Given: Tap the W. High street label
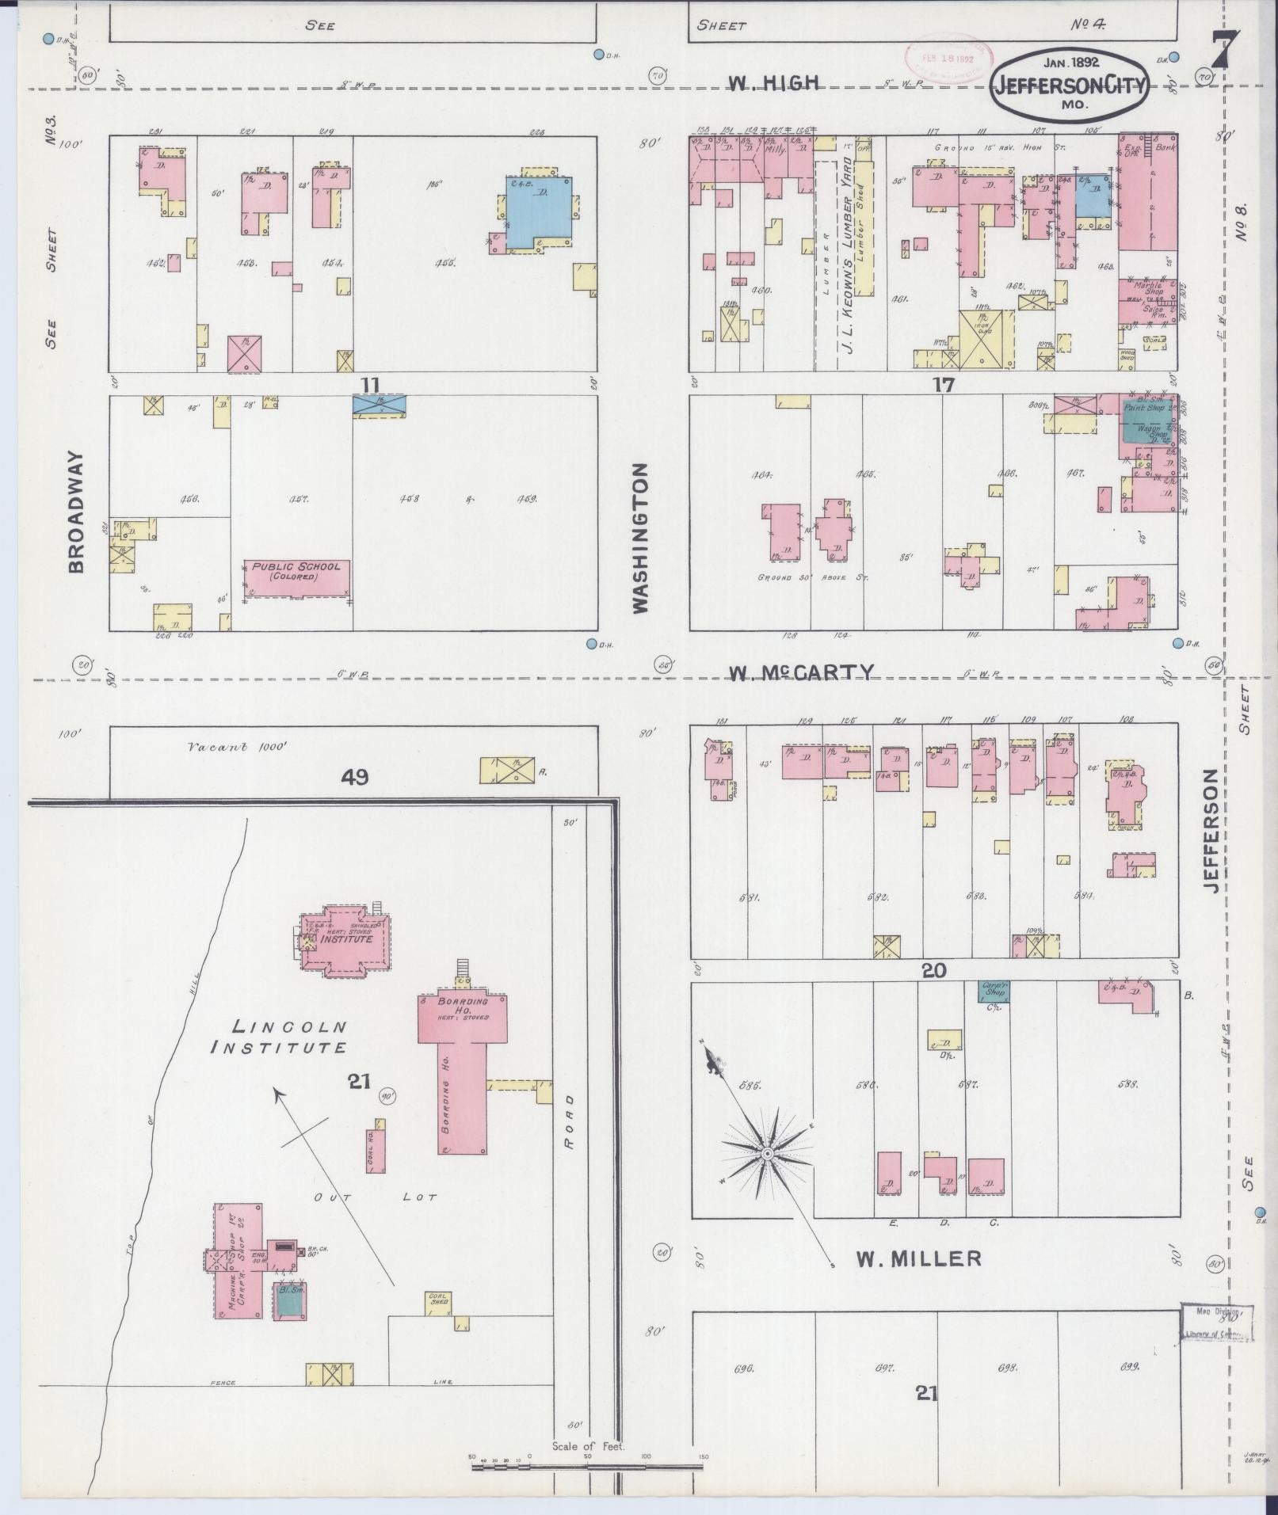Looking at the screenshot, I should pyautogui.click(x=761, y=84).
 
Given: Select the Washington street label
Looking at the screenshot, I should pyautogui.click(x=640, y=538).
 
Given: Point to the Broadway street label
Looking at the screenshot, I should pyautogui.click(x=76, y=511).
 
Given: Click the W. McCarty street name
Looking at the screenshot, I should pyautogui.click(x=801, y=672).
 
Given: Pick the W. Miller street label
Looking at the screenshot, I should pyautogui.click(x=918, y=1258).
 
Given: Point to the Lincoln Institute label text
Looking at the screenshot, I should pyautogui.click(x=279, y=1037).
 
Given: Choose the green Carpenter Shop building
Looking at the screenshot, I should pyautogui.click(x=994, y=990).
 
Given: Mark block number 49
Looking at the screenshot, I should pyautogui.click(x=354, y=778).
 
